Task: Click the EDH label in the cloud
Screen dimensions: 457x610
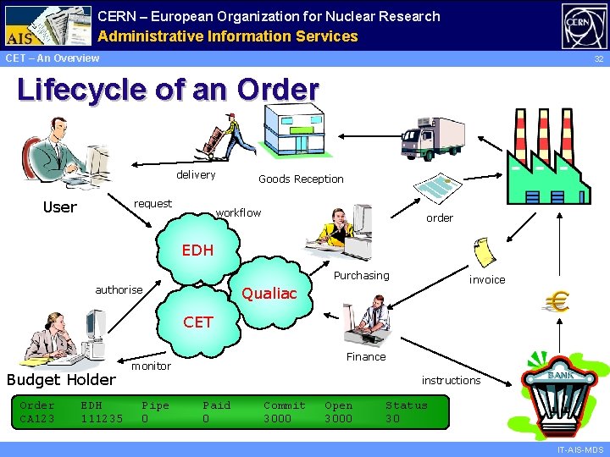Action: click(198, 251)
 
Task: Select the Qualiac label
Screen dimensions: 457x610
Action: click(269, 294)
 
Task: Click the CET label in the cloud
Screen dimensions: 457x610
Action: click(198, 322)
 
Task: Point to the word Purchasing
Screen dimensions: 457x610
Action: click(362, 275)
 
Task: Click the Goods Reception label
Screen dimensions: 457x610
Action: click(301, 179)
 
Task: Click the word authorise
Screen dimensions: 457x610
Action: click(119, 289)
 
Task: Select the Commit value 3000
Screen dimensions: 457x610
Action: click(277, 419)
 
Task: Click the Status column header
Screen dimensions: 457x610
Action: click(407, 405)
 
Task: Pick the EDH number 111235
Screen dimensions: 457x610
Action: click(102, 419)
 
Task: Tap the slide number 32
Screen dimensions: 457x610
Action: click(598, 59)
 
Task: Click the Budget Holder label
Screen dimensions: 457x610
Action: click(61, 379)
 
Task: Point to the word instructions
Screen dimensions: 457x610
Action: click(451, 380)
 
